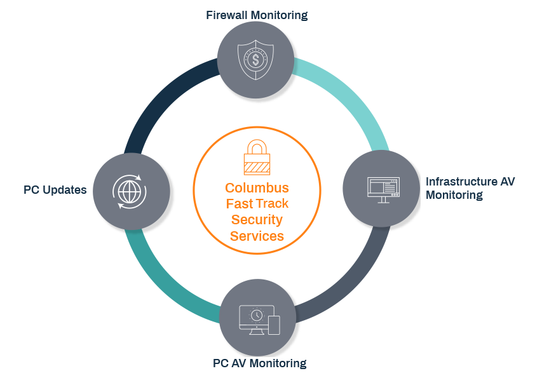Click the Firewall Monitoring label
point(257,15)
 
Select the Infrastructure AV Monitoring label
point(470,188)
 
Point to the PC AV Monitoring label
point(260,363)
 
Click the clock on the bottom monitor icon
point(256,314)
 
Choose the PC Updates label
point(55,190)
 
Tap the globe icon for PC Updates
point(130,190)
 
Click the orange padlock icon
point(257,156)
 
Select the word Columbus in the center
point(257,188)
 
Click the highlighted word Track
point(272,204)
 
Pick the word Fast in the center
point(238,204)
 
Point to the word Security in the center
point(257,220)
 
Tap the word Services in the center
point(257,236)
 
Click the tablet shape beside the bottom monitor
point(274,325)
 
